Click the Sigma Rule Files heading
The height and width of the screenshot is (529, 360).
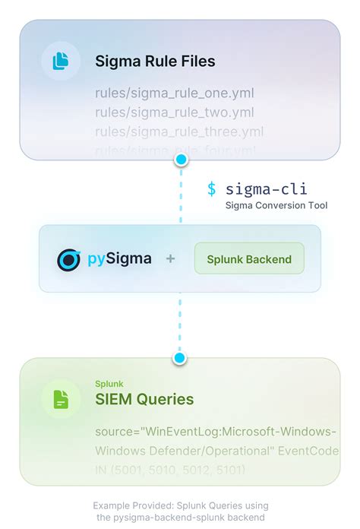(155, 62)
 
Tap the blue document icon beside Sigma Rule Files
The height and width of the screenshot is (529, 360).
(60, 61)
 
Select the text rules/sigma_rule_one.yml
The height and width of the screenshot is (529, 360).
(174, 93)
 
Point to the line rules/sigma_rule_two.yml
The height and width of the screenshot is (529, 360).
(174, 112)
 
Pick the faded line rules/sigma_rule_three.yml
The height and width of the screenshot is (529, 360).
(178, 131)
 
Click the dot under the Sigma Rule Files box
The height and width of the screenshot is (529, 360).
(181, 160)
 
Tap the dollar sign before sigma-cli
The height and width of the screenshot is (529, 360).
(212, 189)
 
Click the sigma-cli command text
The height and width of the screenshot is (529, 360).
(267, 189)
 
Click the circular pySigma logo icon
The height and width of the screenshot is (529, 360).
(69, 259)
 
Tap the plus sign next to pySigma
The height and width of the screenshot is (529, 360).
(171, 259)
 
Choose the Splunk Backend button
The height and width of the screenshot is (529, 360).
(249, 259)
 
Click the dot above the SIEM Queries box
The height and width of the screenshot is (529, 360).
(180, 357)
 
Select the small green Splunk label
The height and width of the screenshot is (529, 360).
(109, 384)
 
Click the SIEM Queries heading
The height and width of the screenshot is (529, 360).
(144, 399)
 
